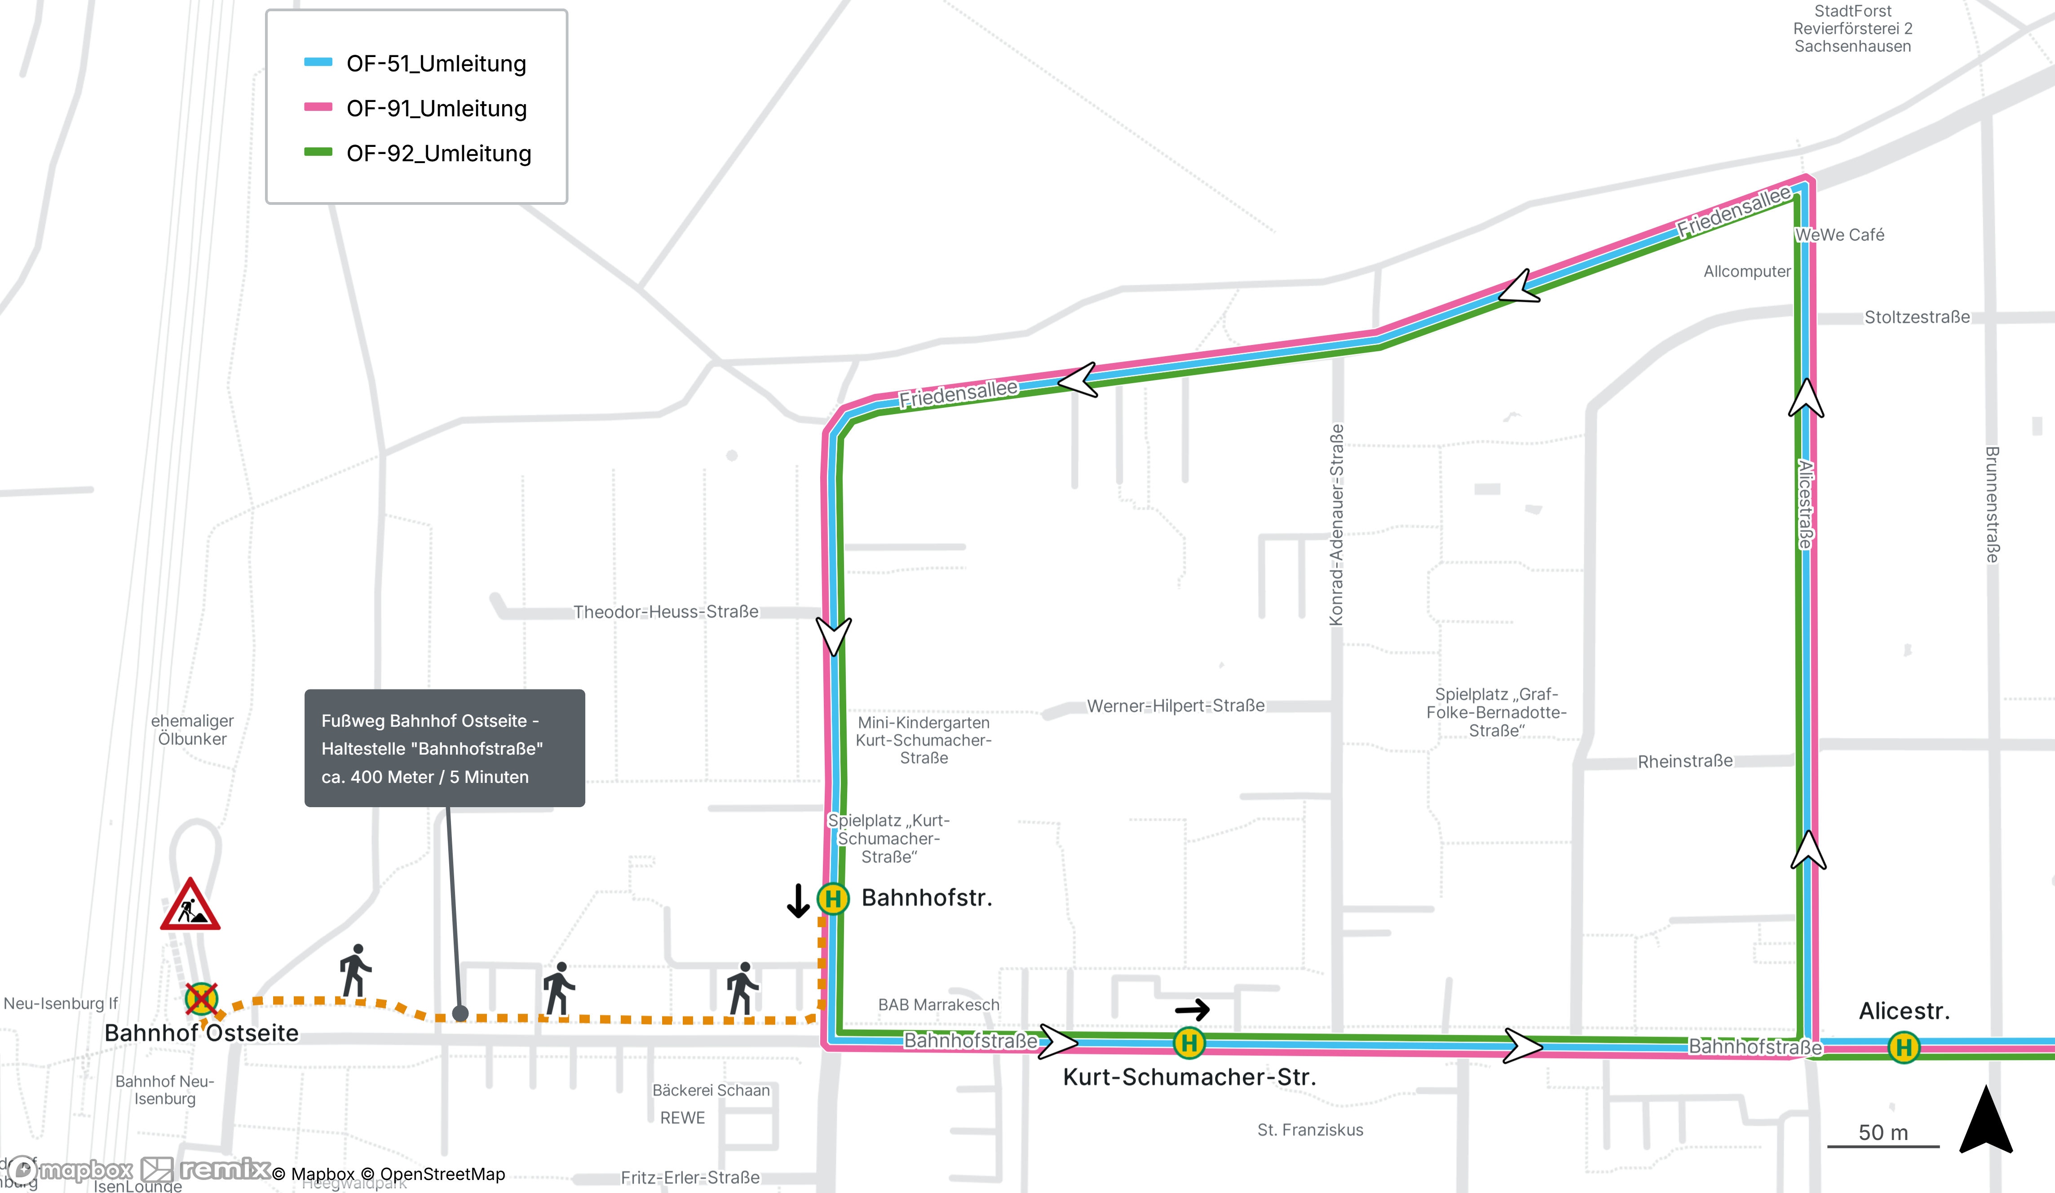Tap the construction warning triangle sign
click(190, 904)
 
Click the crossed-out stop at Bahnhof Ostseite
click(201, 998)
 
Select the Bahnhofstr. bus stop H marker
click(833, 899)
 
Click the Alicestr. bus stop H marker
click(1904, 1047)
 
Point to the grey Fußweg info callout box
click(444, 748)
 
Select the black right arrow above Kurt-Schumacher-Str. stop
click(1192, 1010)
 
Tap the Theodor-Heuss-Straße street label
click(665, 612)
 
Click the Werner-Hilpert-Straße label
click(1176, 705)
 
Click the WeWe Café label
click(1840, 235)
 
